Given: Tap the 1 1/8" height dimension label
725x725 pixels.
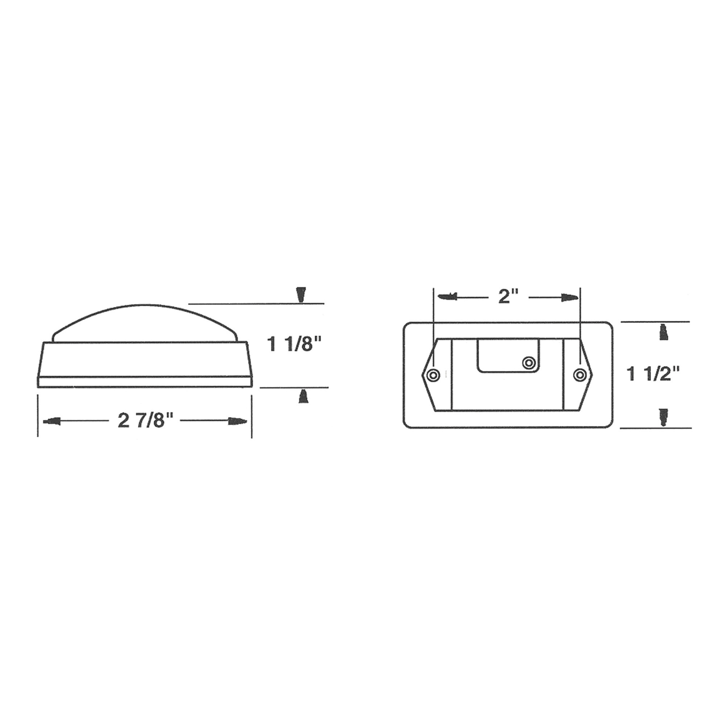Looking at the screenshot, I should click(290, 344).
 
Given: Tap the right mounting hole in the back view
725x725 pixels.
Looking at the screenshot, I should click(580, 374).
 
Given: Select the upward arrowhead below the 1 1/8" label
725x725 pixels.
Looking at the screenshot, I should click(303, 396).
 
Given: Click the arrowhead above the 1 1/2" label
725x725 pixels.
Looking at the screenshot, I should click(663, 332).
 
